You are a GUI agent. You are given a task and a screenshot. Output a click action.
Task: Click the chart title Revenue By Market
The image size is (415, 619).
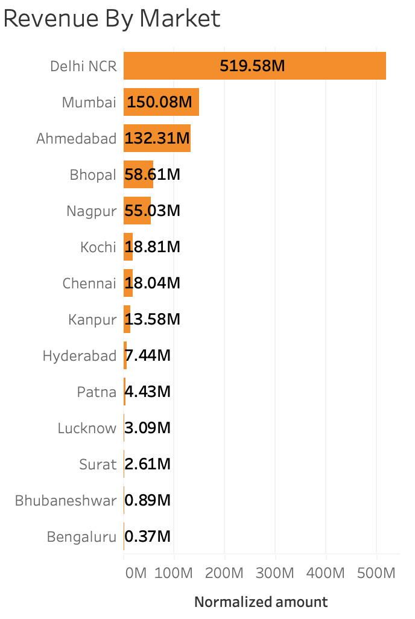click(x=112, y=19)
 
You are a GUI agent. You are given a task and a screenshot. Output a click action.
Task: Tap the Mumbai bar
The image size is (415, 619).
click(x=161, y=103)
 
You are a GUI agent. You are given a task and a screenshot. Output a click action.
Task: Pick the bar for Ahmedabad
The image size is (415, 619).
click(x=157, y=139)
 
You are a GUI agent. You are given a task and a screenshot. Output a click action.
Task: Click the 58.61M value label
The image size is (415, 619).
click(x=153, y=175)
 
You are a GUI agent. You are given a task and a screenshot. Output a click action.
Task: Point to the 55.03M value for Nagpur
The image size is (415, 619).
click(x=153, y=211)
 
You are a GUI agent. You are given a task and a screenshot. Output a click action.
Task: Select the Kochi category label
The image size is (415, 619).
click(x=98, y=247)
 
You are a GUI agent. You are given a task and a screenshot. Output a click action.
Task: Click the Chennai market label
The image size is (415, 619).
click(x=89, y=284)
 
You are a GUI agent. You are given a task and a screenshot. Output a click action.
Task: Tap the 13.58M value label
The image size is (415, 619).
click(x=153, y=320)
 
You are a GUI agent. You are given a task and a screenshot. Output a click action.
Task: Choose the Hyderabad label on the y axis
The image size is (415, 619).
click(x=79, y=356)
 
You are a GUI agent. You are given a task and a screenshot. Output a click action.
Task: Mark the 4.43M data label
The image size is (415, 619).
click(x=148, y=392)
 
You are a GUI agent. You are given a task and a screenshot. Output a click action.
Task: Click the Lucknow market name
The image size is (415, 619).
click(x=87, y=428)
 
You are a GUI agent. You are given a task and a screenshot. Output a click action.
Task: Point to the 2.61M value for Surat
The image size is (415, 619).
click(x=148, y=465)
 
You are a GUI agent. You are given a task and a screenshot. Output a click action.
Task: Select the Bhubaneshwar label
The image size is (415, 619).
click(x=66, y=501)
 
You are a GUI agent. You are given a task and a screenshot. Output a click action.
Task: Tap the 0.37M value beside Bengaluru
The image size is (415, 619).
click(x=148, y=537)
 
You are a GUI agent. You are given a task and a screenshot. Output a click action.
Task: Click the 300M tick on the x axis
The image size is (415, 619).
click(x=275, y=573)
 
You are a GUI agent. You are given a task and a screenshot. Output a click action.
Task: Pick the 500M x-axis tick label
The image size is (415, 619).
click(x=376, y=573)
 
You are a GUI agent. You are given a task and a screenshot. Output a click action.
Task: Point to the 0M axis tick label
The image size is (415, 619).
click(x=136, y=573)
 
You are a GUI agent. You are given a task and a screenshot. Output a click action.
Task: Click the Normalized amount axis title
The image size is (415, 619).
click(x=261, y=602)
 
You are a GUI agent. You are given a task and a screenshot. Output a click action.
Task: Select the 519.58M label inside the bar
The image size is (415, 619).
click(x=252, y=66)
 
